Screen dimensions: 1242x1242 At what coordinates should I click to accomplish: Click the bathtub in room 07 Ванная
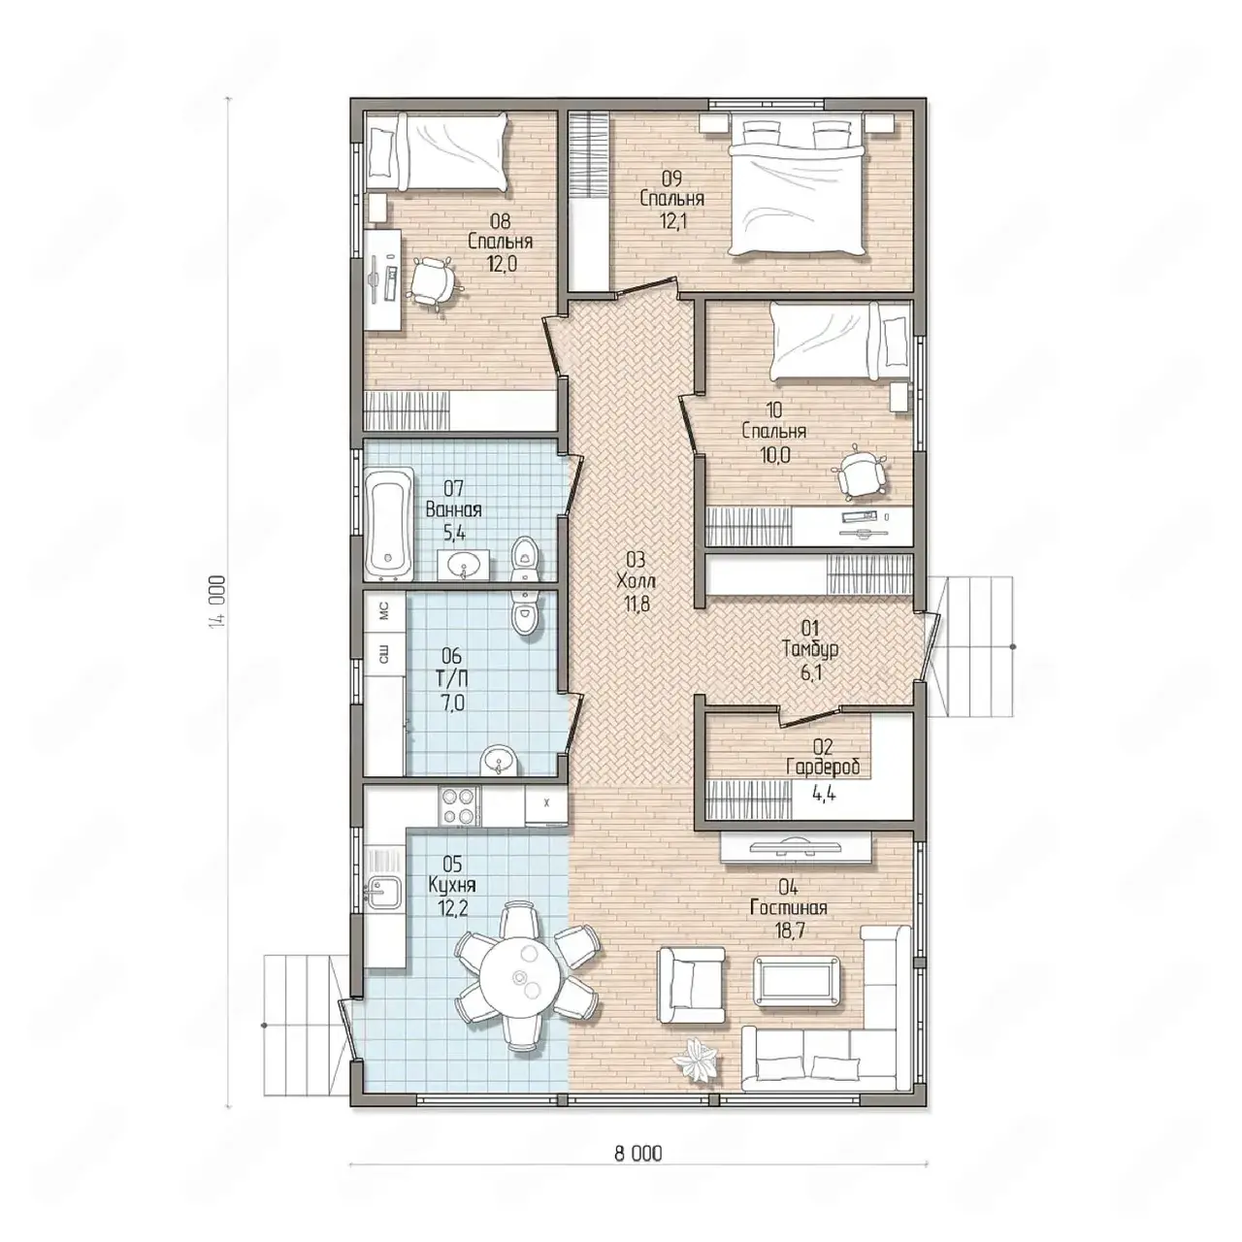click(x=388, y=523)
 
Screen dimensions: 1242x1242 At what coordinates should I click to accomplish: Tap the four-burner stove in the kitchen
click(x=459, y=805)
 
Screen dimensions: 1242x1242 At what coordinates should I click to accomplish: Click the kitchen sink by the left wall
click(x=383, y=892)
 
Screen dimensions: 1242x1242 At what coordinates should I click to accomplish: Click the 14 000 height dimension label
click(x=219, y=600)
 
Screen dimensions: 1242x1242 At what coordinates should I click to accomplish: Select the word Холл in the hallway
click(x=636, y=580)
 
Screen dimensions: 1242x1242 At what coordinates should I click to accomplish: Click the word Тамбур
click(x=810, y=648)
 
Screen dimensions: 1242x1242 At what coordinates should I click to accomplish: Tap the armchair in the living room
click(x=691, y=984)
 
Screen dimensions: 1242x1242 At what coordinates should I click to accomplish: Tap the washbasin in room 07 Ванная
click(x=463, y=565)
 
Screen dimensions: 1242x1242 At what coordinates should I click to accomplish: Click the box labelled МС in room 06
click(x=385, y=611)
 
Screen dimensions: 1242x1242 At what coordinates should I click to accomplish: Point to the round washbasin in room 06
click(x=500, y=760)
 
